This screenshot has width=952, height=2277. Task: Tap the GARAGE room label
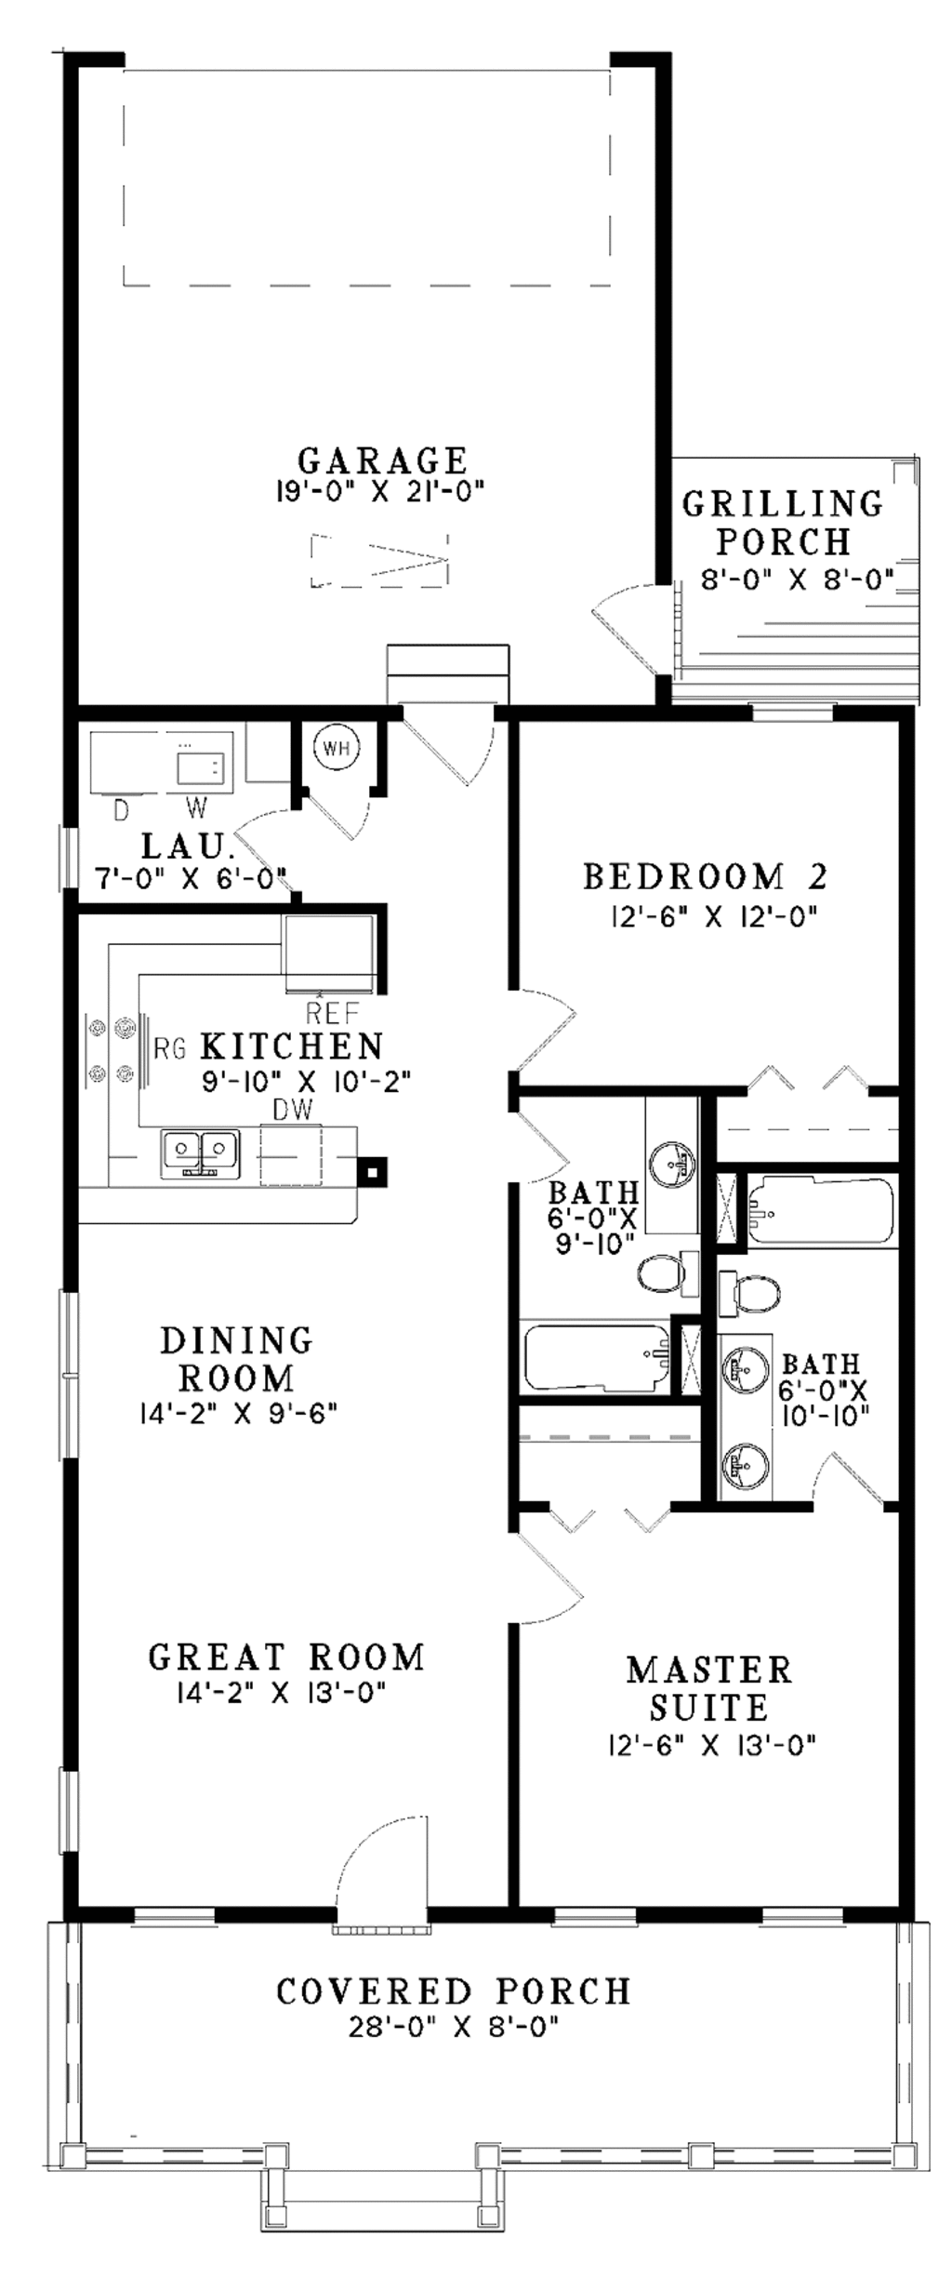[382, 460]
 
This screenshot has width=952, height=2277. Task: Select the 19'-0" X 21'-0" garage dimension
[380, 491]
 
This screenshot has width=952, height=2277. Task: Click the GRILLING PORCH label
[783, 522]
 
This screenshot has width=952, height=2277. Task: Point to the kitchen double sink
[200, 1153]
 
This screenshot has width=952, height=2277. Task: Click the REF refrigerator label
[332, 1012]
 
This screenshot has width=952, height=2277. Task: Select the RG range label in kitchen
[169, 1049]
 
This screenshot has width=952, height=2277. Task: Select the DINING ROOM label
[237, 1359]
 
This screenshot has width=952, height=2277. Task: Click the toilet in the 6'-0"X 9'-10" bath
[662, 1272]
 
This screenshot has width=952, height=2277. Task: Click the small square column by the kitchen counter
[373, 1171]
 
